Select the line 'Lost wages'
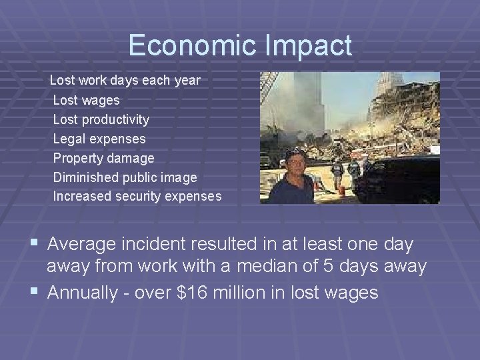pyautogui.click(x=86, y=101)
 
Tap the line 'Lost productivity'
pyautogui.click(x=101, y=120)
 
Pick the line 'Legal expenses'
pyautogui.click(x=99, y=139)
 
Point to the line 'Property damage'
pyautogui.click(x=103, y=159)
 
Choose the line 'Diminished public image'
pyautogui.click(x=125, y=178)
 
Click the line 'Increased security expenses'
pyautogui.click(x=137, y=197)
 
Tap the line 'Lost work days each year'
pyautogui.click(x=125, y=81)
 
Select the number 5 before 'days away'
pyautogui.click(x=318, y=266)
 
